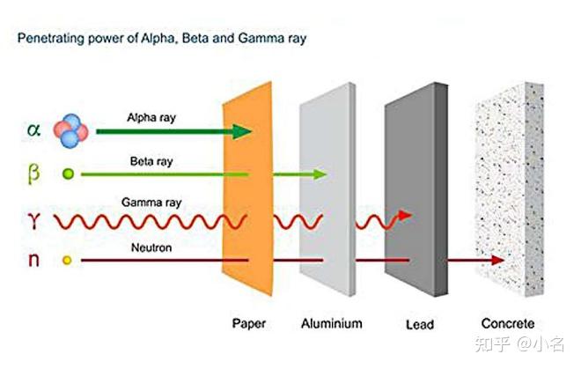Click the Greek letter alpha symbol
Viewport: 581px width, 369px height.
coord(33,129)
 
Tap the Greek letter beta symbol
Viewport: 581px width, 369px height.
coord(33,173)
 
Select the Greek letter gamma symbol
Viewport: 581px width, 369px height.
coord(33,220)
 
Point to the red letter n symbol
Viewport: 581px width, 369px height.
coord(33,259)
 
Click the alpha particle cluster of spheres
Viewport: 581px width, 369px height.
coord(70,131)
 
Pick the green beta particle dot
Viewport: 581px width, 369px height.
coord(68,173)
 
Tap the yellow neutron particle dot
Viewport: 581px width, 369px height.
coord(67,261)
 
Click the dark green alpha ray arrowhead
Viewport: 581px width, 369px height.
coord(242,131)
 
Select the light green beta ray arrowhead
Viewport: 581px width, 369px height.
coord(320,173)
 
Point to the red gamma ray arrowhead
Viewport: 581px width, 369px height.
coord(405,215)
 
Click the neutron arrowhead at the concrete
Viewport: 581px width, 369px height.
coord(497,260)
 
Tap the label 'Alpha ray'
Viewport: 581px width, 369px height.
coord(151,118)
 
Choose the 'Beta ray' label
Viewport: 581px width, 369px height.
coord(151,162)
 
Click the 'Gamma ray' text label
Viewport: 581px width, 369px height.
coord(151,203)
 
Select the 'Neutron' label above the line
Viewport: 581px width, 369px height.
coord(151,247)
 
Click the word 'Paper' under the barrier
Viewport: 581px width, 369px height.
coord(248,324)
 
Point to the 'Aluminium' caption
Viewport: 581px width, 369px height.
coord(332,323)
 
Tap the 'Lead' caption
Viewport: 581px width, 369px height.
coord(419,324)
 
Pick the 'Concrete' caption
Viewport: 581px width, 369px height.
coord(508,323)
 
